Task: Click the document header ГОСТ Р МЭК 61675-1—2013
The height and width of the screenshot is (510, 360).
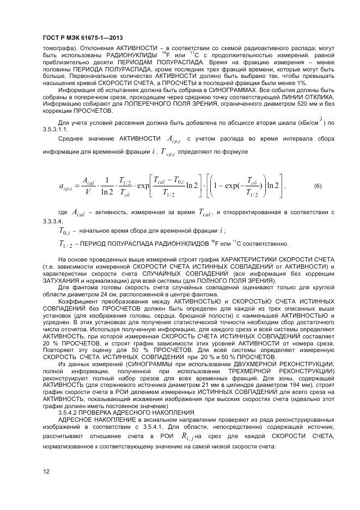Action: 82,38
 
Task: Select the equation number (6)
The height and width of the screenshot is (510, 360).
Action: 318,186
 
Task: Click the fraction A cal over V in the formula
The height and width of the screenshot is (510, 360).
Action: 87,186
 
